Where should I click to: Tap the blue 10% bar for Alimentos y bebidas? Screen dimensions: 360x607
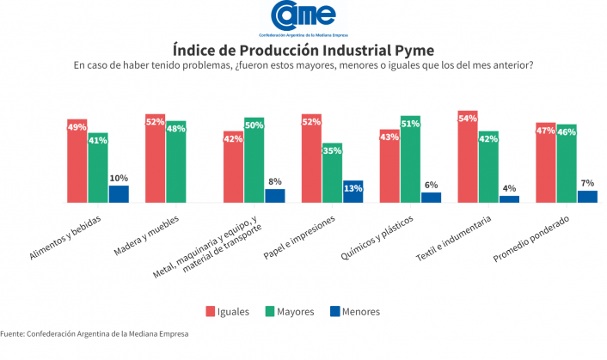[x=118, y=194]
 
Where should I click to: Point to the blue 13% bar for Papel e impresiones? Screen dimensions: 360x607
[x=353, y=192]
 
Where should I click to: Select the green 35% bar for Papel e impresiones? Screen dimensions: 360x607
[x=332, y=173]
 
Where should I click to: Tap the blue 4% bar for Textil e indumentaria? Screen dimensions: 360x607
[x=509, y=199]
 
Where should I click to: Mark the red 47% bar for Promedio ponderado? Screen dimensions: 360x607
[x=546, y=163]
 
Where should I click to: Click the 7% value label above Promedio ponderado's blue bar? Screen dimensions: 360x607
[x=587, y=184]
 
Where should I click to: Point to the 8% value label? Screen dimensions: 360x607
[x=274, y=182]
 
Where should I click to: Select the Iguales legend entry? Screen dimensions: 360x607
[x=228, y=311]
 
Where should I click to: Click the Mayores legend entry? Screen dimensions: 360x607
[x=290, y=311]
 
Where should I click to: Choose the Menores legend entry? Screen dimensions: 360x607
[x=354, y=311]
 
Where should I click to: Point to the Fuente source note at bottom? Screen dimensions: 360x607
[x=94, y=333]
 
